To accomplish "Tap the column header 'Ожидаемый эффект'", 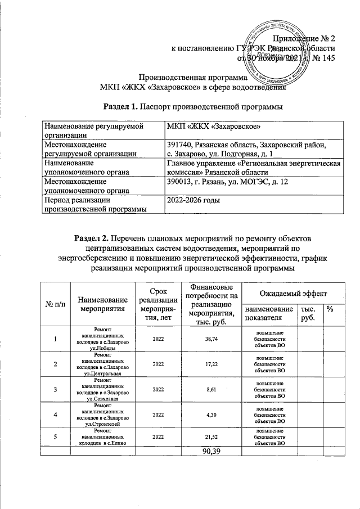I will [x=292, y=294].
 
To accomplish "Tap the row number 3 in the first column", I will [x=55, y=389].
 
